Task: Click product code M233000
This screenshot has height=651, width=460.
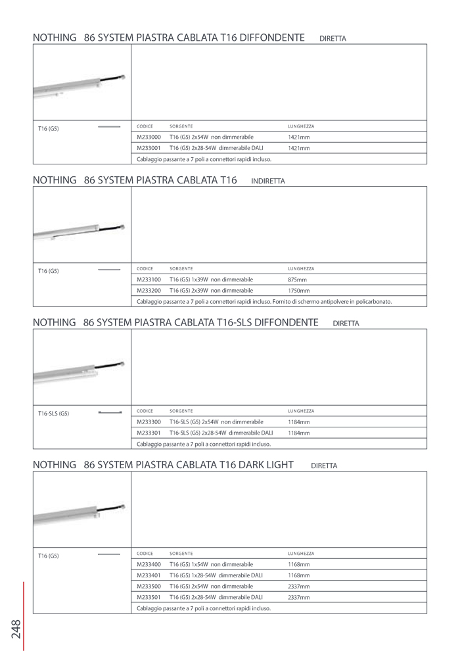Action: (149, 137)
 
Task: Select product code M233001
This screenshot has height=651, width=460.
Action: (149, 149)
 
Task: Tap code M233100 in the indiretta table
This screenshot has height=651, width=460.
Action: (149, 279)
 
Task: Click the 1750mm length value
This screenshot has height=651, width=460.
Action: (298, 291)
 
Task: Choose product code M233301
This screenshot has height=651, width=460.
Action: (149, 433)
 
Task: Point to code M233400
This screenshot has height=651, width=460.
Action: (149, 564)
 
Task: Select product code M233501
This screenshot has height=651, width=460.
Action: (149, 597)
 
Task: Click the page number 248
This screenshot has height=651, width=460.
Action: (16, 629)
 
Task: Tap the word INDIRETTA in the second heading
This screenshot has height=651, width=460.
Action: (268, 181)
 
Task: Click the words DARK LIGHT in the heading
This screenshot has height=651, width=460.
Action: (265, 465)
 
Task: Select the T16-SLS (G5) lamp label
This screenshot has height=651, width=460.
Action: (53, 414)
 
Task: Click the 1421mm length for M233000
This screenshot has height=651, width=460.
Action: (298, 137)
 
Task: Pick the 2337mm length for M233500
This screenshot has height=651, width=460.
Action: (298, 587)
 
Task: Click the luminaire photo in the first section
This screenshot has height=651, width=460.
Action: (79, 86)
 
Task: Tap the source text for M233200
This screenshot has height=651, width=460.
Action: (211, 291)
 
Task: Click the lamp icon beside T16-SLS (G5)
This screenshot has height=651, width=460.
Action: (110, 412)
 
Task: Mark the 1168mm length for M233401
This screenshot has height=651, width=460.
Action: (298, 575)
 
